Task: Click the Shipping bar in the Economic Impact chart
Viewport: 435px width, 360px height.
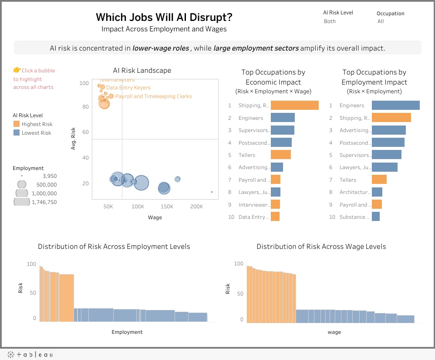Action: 294,105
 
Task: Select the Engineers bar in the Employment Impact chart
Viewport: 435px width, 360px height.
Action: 395,105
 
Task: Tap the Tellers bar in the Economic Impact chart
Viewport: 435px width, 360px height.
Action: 280,155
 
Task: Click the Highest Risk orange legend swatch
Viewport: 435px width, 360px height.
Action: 16,124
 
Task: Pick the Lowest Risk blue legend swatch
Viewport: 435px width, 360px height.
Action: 16,133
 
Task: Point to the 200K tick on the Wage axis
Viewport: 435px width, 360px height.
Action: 196,206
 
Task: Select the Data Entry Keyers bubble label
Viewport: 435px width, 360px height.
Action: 128,88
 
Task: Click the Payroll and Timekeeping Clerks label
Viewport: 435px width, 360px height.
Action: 153,96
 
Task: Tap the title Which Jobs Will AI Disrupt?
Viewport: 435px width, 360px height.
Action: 164,17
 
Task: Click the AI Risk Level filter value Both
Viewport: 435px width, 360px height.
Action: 330,21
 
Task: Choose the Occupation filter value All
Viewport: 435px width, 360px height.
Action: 381,21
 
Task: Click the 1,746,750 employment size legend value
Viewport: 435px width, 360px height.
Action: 44,202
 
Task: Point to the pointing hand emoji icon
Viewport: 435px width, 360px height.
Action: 17,70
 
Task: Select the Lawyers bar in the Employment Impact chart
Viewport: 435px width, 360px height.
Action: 384,167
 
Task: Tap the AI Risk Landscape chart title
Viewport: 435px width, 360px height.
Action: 142,71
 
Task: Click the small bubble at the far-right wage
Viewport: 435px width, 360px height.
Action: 212,192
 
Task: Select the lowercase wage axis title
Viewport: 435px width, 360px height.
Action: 334,332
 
